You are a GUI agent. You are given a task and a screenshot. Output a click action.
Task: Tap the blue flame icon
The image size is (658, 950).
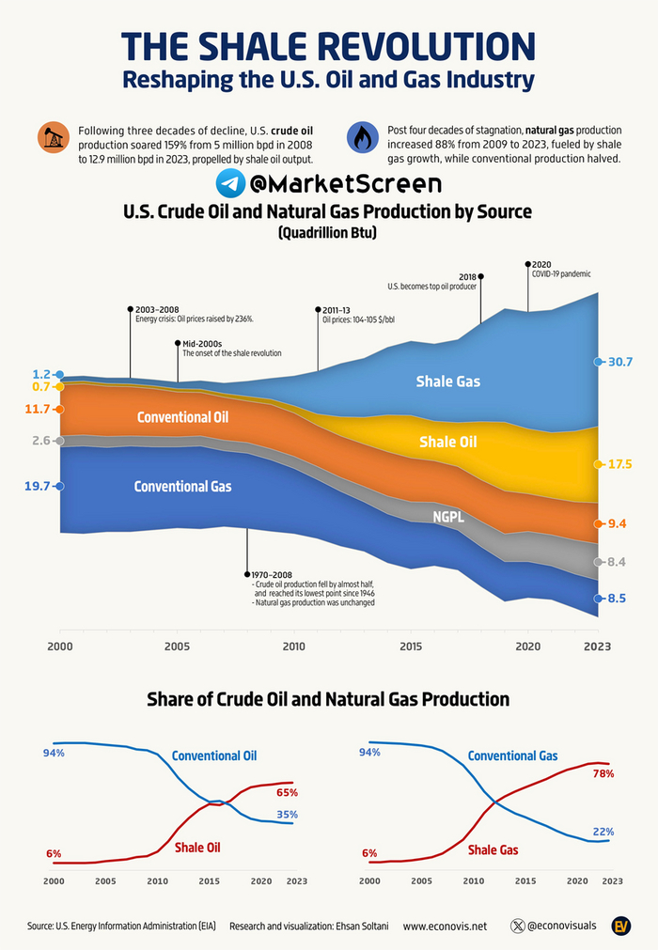(361, 137)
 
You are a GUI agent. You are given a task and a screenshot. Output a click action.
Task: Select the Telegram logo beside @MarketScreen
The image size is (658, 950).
(231, 182)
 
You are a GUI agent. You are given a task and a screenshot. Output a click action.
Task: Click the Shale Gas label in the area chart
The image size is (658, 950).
(448, 382)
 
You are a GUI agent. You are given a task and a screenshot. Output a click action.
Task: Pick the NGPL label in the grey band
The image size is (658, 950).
(447, 516)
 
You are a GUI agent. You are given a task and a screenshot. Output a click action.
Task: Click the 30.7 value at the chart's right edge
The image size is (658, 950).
(619, 362)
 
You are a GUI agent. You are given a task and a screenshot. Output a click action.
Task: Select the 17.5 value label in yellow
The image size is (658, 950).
(619, 464)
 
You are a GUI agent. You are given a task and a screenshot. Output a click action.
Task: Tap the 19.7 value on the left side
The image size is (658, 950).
(36, 486)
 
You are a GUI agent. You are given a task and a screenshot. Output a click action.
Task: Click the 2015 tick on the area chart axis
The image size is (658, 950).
(410, 646)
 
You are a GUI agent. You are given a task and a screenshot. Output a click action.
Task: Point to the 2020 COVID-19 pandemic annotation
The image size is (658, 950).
(561, 270)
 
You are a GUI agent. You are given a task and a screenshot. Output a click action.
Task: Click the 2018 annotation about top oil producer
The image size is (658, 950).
(432, 281)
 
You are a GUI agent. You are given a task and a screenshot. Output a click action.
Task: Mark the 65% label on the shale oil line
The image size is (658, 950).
(287, 793)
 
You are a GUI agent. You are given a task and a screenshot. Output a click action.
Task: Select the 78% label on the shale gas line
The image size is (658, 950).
(603, 774)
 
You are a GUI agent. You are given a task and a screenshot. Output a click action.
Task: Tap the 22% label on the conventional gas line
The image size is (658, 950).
(603, 832)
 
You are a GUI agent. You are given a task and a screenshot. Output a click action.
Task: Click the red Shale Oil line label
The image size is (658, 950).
(197, 848)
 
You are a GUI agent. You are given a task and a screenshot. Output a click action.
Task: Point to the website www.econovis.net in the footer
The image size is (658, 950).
(445, 926)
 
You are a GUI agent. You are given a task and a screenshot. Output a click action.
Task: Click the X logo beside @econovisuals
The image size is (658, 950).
(515, 926)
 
